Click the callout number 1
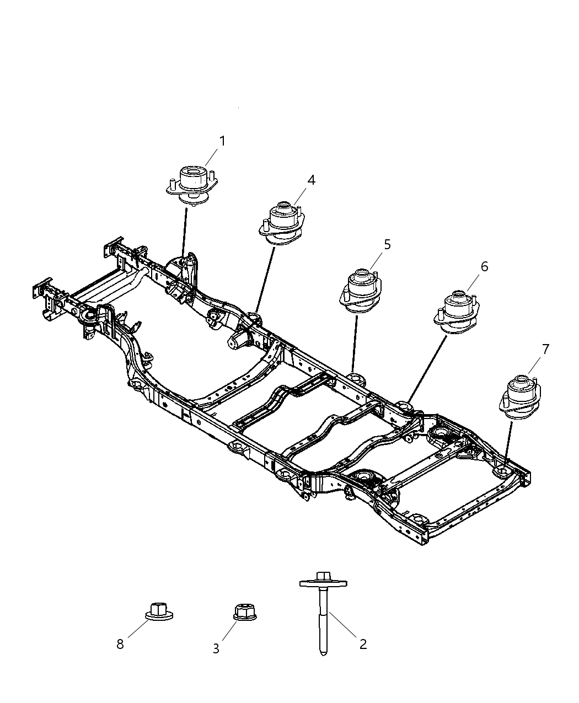point(222,141)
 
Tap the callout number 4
point(312,180)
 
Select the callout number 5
point(387,244)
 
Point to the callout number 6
point(484,267)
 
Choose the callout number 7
point(545,349)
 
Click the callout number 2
point(363,643)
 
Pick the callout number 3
point(216,649)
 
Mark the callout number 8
point(120,644)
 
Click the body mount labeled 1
point(191,185)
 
